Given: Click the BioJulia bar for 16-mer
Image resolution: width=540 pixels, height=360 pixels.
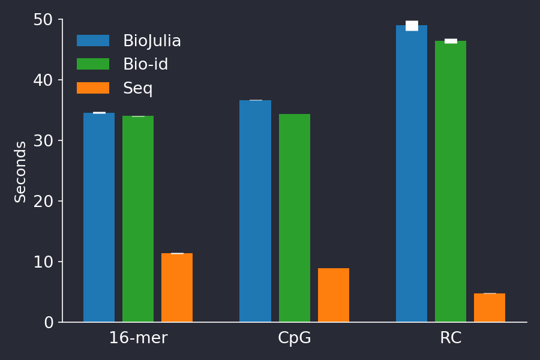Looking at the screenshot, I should point(99,217).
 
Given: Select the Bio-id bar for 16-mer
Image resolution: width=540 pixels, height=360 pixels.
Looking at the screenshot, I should point(138,219).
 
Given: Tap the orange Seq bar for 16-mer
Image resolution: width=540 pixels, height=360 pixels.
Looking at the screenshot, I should point(177,287).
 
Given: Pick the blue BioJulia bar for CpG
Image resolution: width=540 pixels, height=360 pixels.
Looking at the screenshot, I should point(255,211).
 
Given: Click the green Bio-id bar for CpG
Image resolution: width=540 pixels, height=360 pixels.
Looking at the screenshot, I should point(295,218).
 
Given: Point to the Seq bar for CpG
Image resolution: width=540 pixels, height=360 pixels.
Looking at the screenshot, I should point(334,295).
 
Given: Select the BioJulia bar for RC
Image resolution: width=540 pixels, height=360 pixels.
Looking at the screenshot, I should point(412,174).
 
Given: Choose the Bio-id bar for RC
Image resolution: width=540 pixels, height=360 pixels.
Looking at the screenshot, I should point(451,181).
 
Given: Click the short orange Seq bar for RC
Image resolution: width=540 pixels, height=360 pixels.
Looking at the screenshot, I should point(490,308).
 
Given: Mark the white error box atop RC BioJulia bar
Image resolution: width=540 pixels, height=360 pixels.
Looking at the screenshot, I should point(412,26).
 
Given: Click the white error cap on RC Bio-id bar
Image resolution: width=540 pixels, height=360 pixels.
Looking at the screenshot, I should point(451,41).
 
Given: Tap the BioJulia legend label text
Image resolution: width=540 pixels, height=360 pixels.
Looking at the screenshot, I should point(152,41).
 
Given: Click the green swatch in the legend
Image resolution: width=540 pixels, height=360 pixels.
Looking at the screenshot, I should point(93,64).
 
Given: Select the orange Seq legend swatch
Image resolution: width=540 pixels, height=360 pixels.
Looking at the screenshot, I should point(93,88).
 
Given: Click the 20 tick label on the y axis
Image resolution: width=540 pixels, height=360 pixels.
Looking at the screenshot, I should point(44,202).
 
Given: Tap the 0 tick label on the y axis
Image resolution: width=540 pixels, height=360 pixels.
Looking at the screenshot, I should point(49,323).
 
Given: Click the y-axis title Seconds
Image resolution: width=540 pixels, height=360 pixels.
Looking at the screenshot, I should point(20,172).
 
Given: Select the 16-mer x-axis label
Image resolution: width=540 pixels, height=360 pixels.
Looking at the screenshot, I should point(138,338).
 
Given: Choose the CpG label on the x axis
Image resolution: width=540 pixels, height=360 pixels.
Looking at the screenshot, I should point(295,338).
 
